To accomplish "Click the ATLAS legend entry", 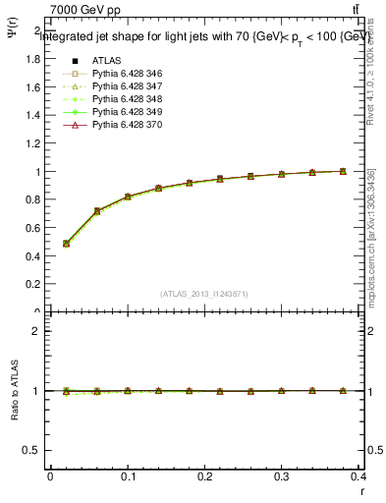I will click(x=106, y=61).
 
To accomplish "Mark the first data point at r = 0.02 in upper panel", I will click(x=66, y=244).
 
